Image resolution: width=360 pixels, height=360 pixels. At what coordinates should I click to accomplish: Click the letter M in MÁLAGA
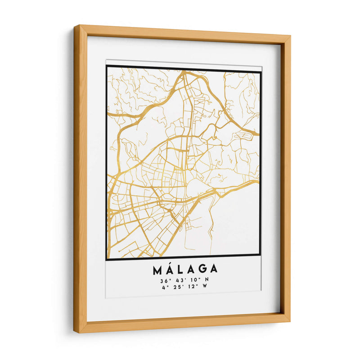pyautogui.click(x=158, y=270)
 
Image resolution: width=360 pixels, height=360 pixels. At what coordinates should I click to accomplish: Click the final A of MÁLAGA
pyautogui.click(x=213, y=270)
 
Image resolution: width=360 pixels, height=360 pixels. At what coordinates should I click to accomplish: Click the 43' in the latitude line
pyautogui.click(x=179, y=280)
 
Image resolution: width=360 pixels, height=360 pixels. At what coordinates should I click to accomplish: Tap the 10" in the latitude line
pyautogui.click(x=193, y=280)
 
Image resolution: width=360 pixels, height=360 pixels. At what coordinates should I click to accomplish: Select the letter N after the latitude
pyautogui.click(x=207, y=280)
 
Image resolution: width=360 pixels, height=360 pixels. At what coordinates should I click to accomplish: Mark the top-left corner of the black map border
pyautogui.click(x=107, y=66)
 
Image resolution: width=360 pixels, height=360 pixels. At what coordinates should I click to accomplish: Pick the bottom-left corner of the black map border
pyautogui.click(x=107, y=259)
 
